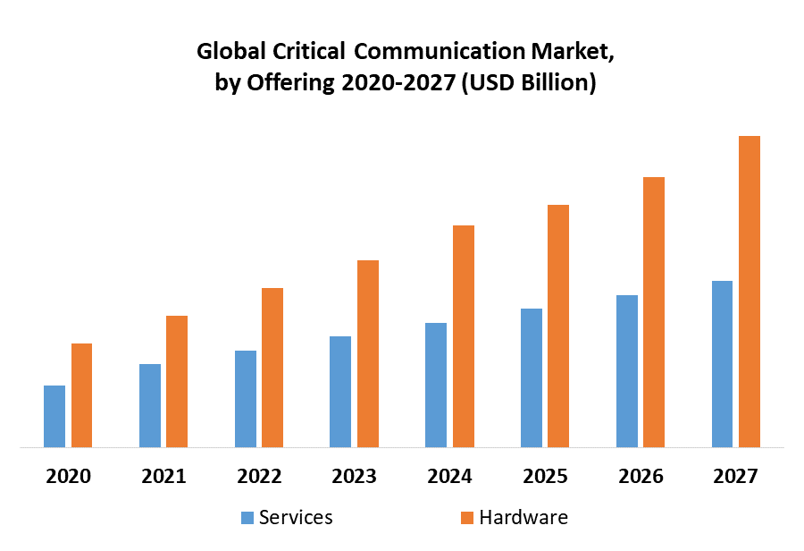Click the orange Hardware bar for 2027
pos(750,292)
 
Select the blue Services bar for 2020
pos(54,416)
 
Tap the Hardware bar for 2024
pos(464,336)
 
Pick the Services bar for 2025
pos(532,377)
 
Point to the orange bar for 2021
pos(177,381)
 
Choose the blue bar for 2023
pos(340,392)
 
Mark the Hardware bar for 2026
pos(654,312)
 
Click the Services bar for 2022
pos(246,399)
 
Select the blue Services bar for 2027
pos(722,364)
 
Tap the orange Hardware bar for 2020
pos(82,395)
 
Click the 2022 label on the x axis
pos(259,476)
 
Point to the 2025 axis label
pos(545,476)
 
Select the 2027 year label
pos(735,476)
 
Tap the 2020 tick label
pos(69,476)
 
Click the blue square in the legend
pos(247,518)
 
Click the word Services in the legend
pos(296,517)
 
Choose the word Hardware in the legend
pos(523,517)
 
